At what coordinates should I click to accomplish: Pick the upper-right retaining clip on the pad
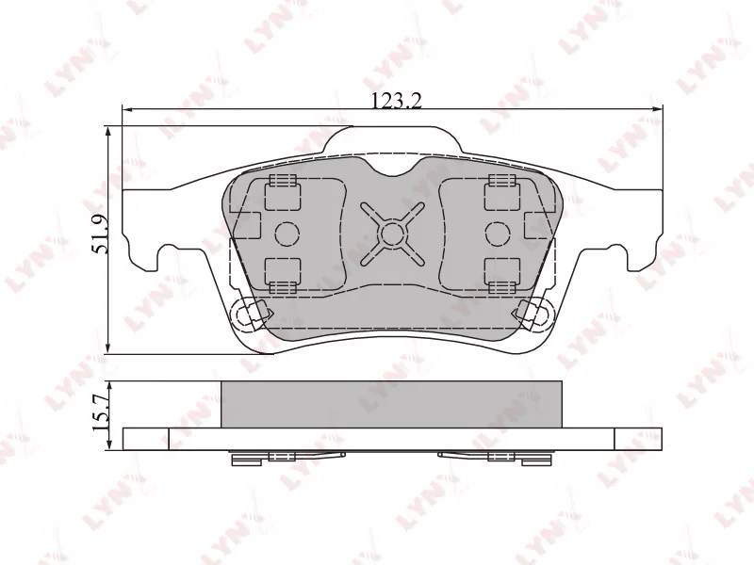point(501,193)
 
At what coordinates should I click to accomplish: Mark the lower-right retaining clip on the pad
point(501,273)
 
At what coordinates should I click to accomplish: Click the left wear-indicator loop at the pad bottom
point(250,315)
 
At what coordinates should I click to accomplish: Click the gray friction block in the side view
point(391,403)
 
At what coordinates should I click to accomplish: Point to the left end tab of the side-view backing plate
point(146,439)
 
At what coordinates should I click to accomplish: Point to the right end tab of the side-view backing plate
point(638,439)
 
